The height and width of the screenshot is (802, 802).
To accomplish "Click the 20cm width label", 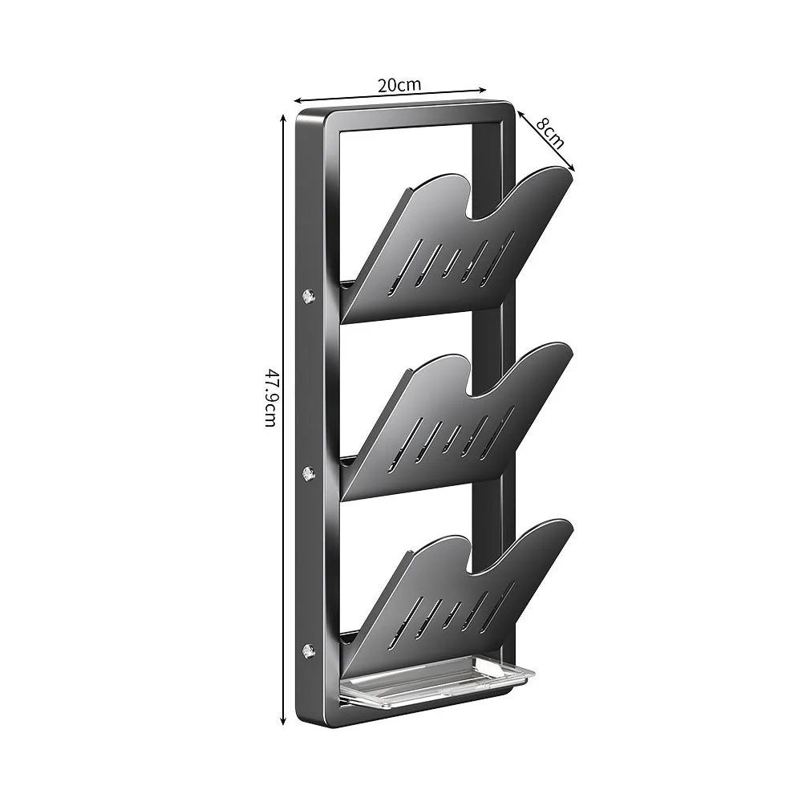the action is (x=399, y=84).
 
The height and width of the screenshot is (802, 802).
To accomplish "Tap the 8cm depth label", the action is (x=550, y=133).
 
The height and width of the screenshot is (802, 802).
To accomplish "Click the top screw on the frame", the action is (x=309, y=295).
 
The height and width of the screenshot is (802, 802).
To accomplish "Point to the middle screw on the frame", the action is (x=309, y=473).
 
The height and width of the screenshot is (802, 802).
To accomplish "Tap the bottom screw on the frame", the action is (x=309, y=650).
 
